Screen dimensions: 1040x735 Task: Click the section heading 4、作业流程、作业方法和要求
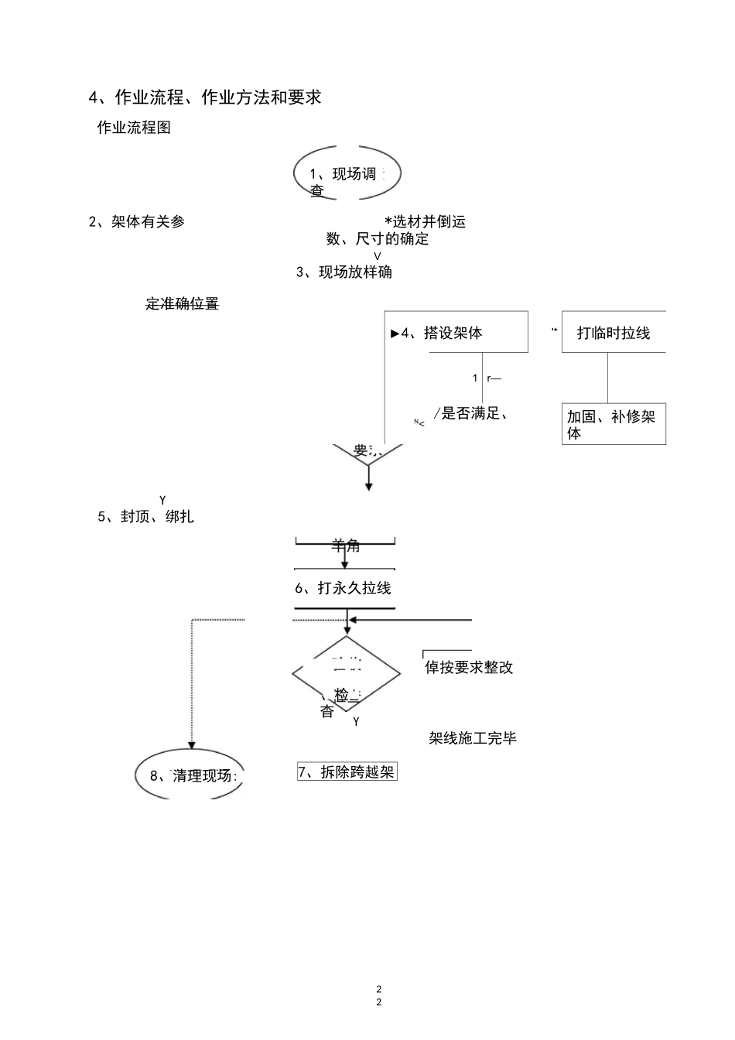click(205, 97)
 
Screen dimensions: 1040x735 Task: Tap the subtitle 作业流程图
click(134, 128)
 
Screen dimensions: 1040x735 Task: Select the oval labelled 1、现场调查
click(347, 174)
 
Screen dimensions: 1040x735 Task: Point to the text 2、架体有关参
click(137, 222)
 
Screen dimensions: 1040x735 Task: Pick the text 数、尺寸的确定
click(378, 239)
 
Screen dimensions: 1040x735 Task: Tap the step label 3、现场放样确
click(344, 272)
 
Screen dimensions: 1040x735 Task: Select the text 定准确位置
click(182, 304)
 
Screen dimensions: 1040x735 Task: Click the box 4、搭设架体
click(456, 333)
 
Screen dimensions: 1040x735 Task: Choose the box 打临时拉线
click(614, 333)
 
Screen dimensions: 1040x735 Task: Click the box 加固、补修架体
click(614, 424)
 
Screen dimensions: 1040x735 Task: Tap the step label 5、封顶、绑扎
click(145, 517)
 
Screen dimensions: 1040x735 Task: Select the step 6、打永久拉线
click(344, 588)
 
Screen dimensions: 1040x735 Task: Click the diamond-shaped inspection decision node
click(346, 673)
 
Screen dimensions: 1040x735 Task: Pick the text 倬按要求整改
click(469, 667)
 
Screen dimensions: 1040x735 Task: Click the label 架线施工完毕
click(473, 738)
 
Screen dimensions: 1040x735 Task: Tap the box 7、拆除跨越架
click(347, 772)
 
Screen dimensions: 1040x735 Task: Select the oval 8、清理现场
click(190, 775)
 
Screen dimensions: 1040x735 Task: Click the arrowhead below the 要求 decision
click(369, 486)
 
